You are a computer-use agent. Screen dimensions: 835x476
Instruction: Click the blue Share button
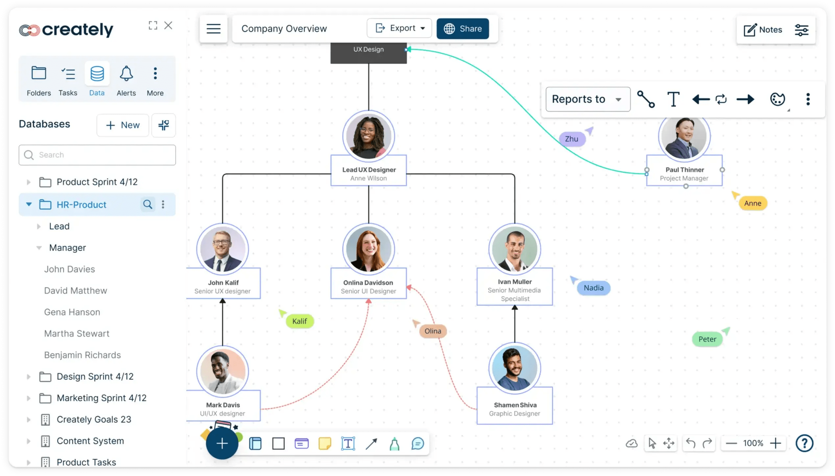462,29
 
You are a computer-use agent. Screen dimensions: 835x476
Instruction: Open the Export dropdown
399,28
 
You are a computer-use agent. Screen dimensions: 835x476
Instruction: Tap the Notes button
763,30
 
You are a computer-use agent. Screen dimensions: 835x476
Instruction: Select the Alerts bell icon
126,74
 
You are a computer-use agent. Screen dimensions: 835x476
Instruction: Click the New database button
123,125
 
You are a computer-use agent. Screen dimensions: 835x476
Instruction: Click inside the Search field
97,155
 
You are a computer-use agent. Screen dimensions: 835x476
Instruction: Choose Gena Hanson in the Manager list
72,312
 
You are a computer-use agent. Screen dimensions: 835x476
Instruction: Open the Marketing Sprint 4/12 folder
102,398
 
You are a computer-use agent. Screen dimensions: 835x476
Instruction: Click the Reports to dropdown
588,99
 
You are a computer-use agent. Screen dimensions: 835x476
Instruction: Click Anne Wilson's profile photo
369,136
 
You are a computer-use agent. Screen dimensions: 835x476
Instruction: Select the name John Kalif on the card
223,283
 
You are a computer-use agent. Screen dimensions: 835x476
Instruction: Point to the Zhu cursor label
572,139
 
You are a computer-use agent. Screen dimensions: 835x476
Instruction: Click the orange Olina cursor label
433,331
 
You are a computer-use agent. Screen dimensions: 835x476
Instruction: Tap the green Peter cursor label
707,339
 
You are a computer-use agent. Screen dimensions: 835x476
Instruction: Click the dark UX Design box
369,53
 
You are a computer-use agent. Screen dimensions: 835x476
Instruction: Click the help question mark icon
804,443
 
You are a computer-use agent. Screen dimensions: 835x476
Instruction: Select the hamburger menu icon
213,29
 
